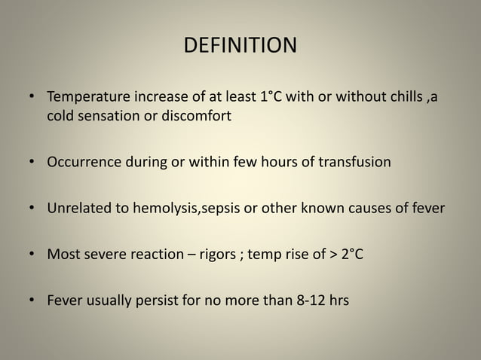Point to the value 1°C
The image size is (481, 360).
(259, 99)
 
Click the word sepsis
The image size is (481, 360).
(219, 208)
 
